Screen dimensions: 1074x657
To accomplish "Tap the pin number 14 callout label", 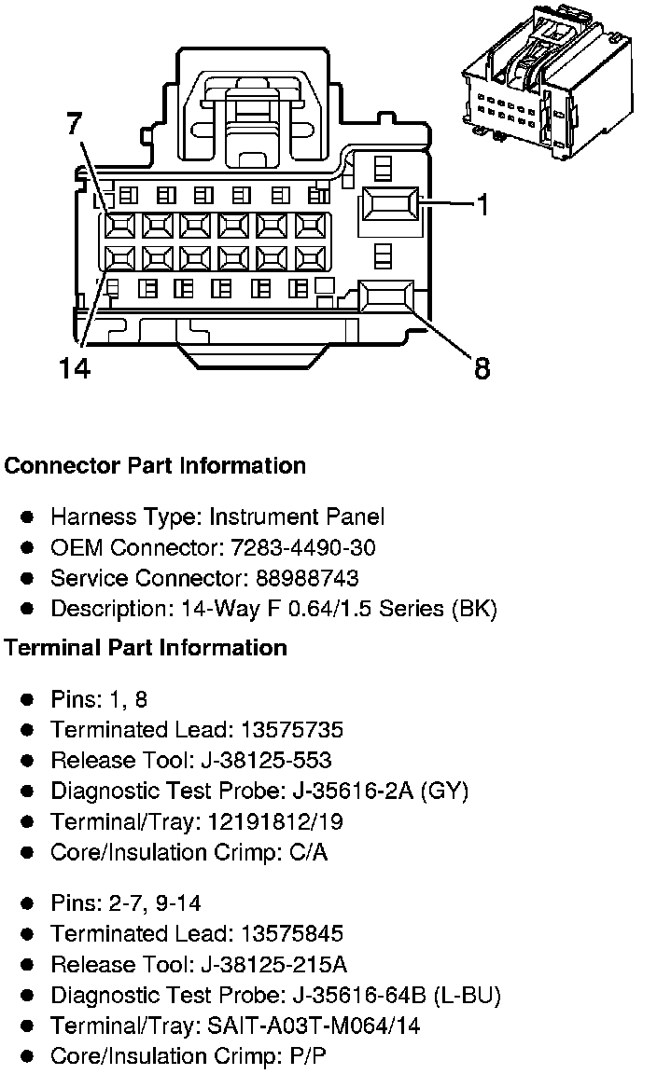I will [x=75, y=368].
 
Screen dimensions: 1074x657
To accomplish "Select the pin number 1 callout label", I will [x=482, y=204].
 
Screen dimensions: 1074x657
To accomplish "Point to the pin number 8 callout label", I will [x=482, y=368].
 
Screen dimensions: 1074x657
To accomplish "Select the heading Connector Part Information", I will [x=155, y=465].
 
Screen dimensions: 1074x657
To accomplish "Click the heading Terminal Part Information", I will [x=146, y=647].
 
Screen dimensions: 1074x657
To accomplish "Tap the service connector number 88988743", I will [x=298, y=578].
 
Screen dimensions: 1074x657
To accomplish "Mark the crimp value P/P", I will [x=309, y=1056].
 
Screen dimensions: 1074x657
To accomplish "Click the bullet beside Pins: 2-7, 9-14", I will [x=28, y=903].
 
